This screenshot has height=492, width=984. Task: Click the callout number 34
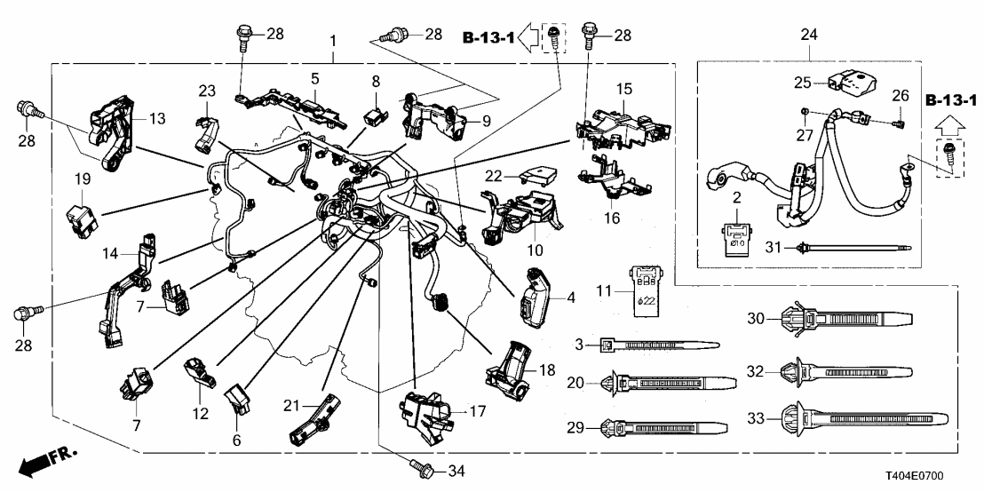tap(456, 470)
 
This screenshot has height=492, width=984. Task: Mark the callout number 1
tap(334, 42)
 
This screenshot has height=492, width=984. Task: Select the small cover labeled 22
tap(524, 178)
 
